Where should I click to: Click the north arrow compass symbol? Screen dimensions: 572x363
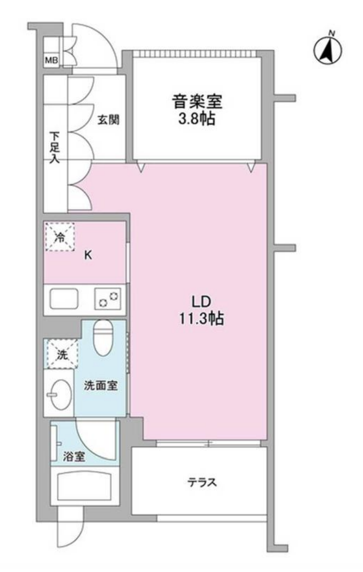328,50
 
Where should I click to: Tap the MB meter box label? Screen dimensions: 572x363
52,61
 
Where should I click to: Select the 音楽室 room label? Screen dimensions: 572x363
197,102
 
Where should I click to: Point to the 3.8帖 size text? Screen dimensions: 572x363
197,120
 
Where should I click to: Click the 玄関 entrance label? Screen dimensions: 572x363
108,120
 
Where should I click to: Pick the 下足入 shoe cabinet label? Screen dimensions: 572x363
54,148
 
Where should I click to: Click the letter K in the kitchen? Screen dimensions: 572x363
88,255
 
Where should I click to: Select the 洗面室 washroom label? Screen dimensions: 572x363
101,385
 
